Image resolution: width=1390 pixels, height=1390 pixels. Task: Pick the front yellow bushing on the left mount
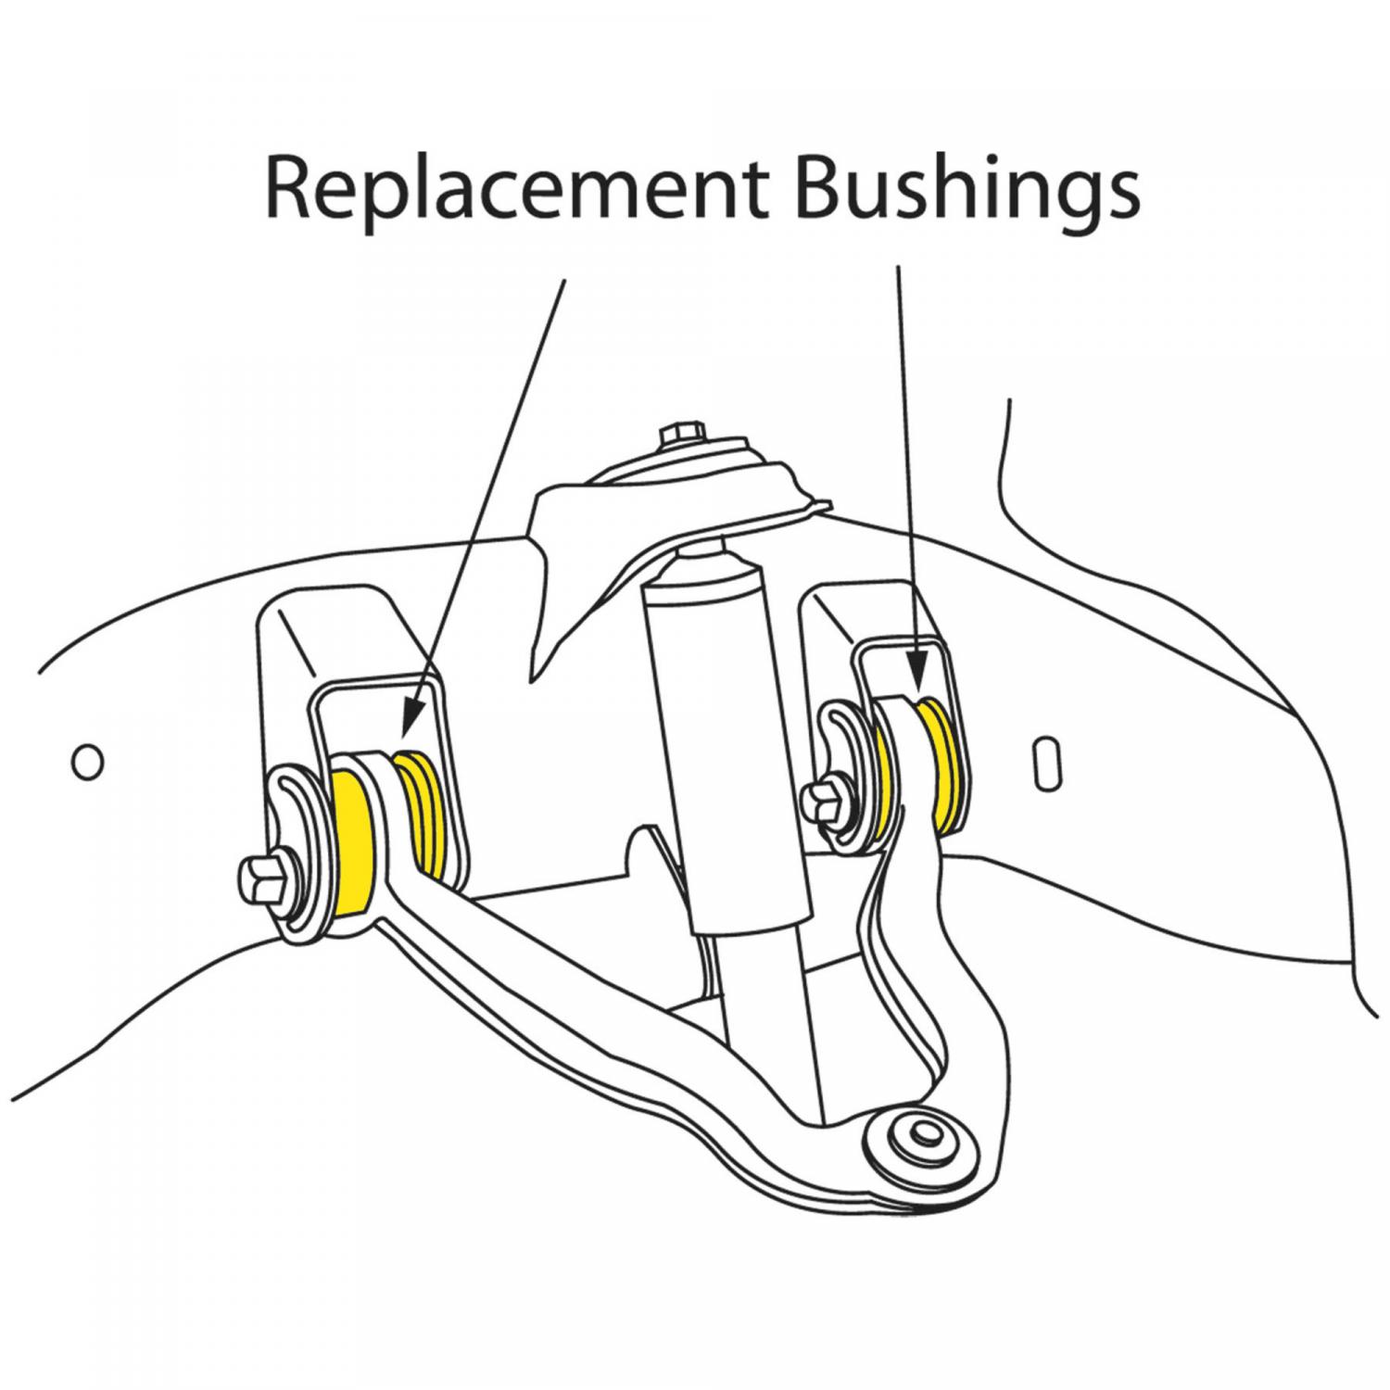coord(354,843)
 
